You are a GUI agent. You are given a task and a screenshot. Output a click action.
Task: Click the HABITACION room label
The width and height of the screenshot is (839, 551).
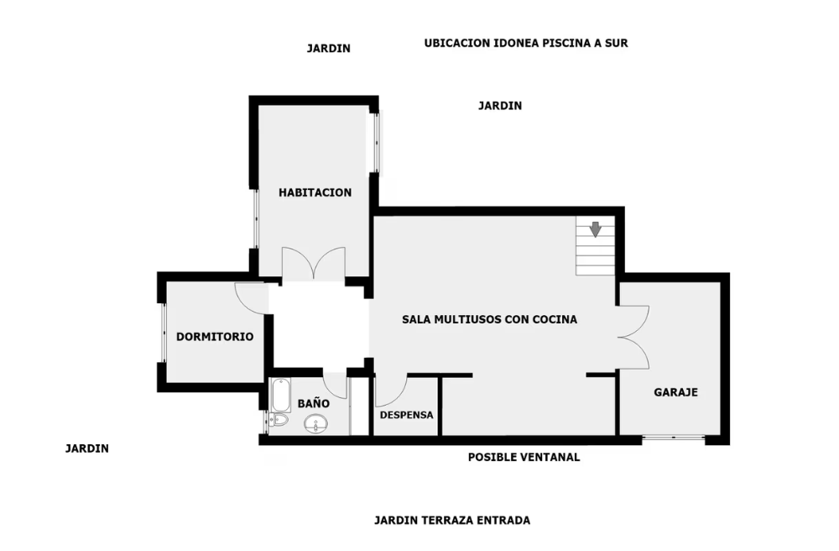click(x=315, y=193)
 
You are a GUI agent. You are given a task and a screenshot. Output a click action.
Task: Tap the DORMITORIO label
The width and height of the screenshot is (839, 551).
click(x=215, y=337)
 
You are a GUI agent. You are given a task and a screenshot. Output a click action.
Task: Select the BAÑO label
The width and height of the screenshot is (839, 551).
click(x=314, y=403)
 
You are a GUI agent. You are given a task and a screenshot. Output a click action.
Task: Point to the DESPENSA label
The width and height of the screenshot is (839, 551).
click(x=406, y=415)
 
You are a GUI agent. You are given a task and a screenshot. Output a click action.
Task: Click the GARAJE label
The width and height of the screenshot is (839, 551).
click(x=675, y=392)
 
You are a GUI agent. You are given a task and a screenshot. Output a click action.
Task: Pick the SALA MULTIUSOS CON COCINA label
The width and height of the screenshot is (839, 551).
click(x=490, y=320)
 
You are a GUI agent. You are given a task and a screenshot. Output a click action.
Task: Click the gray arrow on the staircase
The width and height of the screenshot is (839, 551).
click(x=596, y=229)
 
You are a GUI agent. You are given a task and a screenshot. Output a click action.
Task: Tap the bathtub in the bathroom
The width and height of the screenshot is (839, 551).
click(x=280, y=395)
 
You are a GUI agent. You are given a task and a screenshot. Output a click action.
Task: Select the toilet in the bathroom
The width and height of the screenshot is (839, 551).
click(x=278, y=419)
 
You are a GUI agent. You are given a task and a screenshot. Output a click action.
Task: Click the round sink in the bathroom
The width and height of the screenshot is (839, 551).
click(x=316, y=425)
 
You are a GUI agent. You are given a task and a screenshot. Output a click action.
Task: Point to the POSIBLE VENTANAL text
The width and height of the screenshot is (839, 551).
click(x=524, y=457)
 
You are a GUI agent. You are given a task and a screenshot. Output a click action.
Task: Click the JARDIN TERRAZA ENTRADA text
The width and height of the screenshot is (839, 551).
click(x=452, y=521)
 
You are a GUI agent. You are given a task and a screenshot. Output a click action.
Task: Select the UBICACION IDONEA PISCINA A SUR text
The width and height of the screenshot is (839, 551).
click(x=526, y=44)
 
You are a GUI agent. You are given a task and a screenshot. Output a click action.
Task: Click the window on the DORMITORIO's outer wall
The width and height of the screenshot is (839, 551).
click(x=164, y=333)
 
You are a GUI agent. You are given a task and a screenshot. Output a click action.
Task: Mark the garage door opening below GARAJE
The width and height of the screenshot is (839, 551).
click(x=673, y=438)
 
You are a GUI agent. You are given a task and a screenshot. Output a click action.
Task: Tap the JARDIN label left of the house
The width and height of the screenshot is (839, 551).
click(x=87, y=449)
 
